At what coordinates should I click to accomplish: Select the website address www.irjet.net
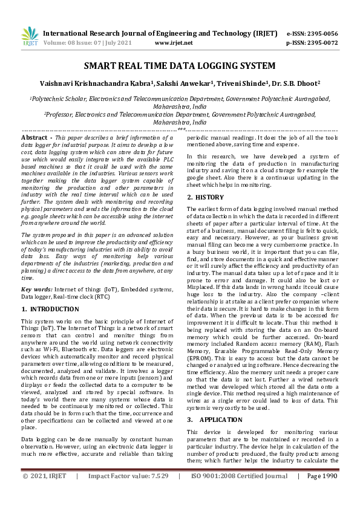pos(174,43)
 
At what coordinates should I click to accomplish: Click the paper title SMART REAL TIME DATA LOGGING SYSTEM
pos(179,65)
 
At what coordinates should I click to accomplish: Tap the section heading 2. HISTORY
pos(206,198)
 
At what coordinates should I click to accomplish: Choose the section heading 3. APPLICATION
pos(212,419)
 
